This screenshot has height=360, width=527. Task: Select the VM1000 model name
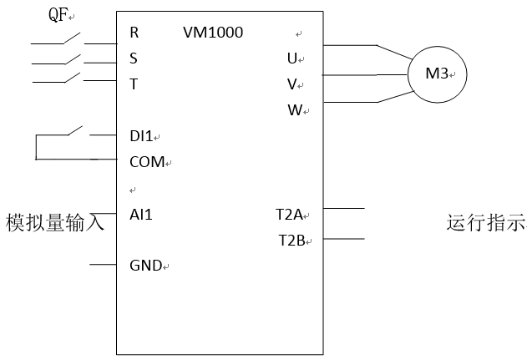tap(212, 33)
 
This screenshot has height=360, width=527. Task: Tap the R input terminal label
tap(134, 33)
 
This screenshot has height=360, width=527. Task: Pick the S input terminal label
tap(134, 59)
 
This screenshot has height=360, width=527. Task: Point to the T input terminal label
tap(134, 84)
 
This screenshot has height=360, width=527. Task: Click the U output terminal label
tap(291, 58)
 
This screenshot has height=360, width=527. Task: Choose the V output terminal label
tap(291, 84)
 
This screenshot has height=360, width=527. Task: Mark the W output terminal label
tap(293, 109)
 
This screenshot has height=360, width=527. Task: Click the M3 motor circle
tap(435, 74)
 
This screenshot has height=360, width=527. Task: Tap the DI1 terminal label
tap(141, 135)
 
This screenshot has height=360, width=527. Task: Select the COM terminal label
tap(146, 161)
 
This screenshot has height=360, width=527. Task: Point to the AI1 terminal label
tap(141, 214)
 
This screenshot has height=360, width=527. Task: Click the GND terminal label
tap(145, 266)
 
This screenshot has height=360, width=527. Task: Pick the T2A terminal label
tap(289, 214)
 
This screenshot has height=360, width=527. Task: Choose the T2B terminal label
tap(291, 241)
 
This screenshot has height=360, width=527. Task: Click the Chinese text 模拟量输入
tap(54, 222)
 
